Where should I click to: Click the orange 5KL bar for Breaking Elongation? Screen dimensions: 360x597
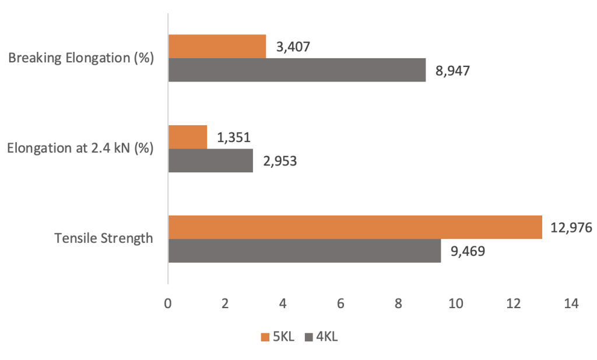click(x=217, y=46)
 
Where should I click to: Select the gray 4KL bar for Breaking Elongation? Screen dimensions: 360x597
click(x=297, y=70)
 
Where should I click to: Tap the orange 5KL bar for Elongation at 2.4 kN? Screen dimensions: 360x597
click(x=187, y=137)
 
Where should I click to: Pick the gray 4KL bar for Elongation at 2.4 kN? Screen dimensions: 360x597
click(x=210, y=160)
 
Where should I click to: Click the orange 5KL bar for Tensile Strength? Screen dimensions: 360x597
click(x=354, y=227)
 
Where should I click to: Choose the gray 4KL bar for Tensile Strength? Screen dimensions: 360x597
click(x=304, y=250)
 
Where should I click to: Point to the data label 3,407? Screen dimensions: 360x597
click(x=293, y=47)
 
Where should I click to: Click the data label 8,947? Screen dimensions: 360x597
click(x=452, y=70)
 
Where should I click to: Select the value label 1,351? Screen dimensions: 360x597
click(x=233, y=137)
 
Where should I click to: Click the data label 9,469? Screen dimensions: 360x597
click(x=468, y=251)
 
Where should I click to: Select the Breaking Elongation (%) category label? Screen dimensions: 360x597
click(x=81, y=58)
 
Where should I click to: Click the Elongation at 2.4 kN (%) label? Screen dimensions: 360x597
click(x=80, y=149)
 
